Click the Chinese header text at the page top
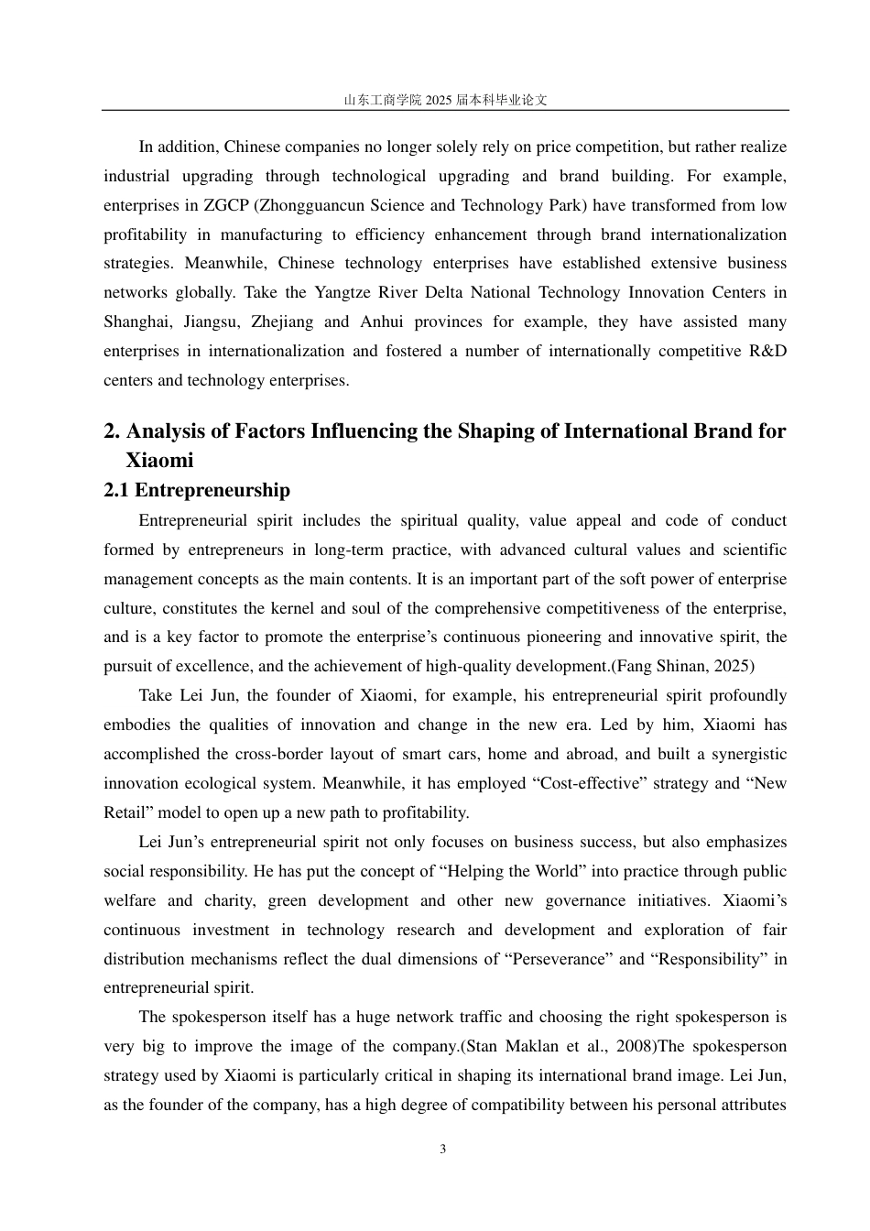tap(445, 100)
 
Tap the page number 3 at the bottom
tap(443, 1149)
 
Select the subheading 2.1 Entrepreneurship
tap(197, 490)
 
